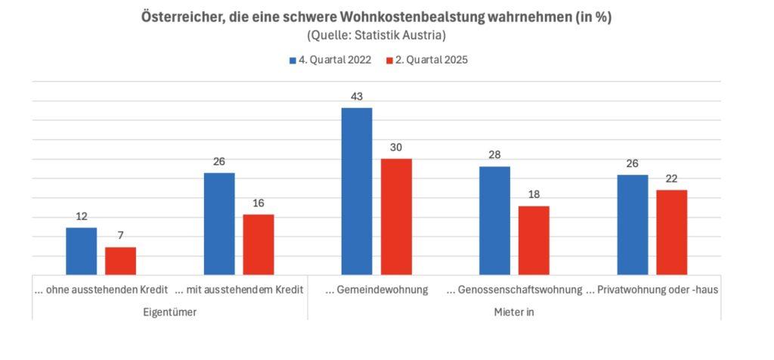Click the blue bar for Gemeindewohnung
[357, 191]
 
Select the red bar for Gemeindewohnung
[396, 216]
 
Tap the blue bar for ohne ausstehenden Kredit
[81, 251]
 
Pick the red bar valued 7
[120, 261]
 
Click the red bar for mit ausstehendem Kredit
[259, 244]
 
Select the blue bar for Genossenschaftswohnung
[494, 220]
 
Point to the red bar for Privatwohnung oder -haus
[672, 232]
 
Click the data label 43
[357, 97]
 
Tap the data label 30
[396, 147]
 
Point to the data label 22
[672, 178]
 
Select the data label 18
[534, 194]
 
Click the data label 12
[81, 216]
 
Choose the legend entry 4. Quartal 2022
[330, 61]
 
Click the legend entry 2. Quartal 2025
[427, 61]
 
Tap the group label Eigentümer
[169, 312]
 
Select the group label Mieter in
[514, 312]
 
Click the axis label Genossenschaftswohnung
[514, 290]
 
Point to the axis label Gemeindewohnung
[376, 290]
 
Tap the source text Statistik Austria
[408, 35]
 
